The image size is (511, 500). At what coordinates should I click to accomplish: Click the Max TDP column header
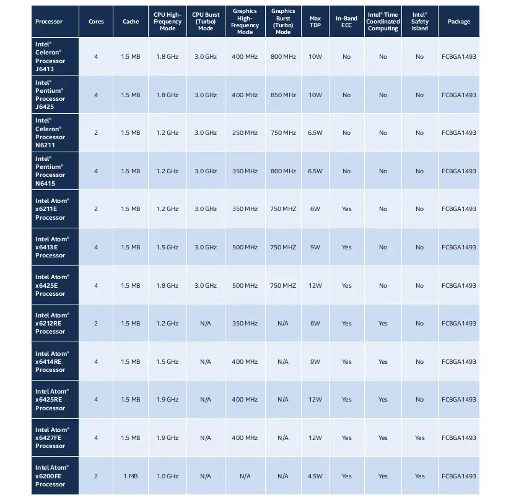(x=315, y=22)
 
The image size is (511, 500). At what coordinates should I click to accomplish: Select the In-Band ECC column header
(x=346, y=22)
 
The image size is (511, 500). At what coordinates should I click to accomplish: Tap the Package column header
(x=459, y=22)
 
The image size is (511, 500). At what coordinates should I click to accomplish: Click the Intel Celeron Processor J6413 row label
(x=50, y=57)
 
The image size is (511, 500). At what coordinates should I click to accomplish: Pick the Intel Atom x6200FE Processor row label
(x=52, y=476)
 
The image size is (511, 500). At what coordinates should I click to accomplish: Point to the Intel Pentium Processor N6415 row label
(x=50, y=171)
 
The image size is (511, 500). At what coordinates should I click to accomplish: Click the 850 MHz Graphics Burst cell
(x=283, y=95)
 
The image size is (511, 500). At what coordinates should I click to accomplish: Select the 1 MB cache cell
(x=131, y=476)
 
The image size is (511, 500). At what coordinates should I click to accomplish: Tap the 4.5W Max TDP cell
(x=315, y=476)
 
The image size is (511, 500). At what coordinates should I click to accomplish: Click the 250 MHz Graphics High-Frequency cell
(x=245, y=133)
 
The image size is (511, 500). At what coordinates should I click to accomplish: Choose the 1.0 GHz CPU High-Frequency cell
(x=167, y=476)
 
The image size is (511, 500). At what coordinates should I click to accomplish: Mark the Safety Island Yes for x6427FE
(x=420, y=438)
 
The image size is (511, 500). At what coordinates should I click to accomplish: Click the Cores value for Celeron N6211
(x=96, y=133)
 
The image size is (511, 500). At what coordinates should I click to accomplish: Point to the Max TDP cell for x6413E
(x=315, y=248)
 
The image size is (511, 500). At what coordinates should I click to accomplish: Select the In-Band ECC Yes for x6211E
(x=346, y=209)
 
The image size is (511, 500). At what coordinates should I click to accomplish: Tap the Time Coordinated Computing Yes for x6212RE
(x=383, y=323)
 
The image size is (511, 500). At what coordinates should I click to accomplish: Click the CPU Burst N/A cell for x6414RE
(x=206, y=361)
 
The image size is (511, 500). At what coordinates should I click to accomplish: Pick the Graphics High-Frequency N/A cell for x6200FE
(x=245, y=476)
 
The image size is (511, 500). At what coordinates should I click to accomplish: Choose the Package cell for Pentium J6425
(x=459, y=95)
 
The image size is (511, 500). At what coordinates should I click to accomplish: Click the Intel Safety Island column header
(x=420, y=22)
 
